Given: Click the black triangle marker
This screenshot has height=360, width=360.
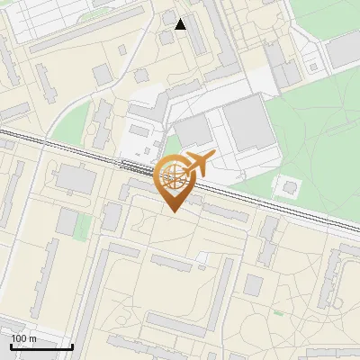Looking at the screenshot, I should coord(181,24).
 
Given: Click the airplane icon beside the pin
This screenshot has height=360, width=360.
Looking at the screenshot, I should coord(197,164).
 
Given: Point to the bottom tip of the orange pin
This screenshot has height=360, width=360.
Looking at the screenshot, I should coord(173,211).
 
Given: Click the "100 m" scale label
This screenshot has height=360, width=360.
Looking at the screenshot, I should coord(23,338).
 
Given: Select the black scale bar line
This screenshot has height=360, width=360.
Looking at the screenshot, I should coord(40,346).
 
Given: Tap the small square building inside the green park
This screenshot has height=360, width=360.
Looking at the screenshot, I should coord(289,186).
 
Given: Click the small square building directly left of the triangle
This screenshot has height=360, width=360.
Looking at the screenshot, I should coord(168,17).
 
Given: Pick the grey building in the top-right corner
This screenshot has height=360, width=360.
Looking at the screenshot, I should coord(343,51).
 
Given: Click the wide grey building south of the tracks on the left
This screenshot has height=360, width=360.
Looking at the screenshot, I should coord(76,180).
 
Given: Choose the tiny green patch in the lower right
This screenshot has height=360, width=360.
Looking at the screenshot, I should coord(279,313).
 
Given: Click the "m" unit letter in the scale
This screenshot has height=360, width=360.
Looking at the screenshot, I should coord(32,338).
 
